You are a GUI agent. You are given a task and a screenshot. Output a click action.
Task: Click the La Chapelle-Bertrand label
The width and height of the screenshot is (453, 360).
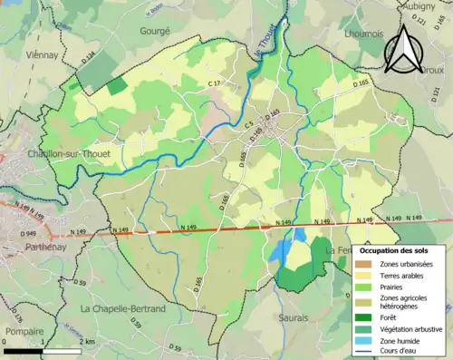tap(123, 308)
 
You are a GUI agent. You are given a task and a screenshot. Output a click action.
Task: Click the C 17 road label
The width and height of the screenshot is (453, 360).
tap(214, 83)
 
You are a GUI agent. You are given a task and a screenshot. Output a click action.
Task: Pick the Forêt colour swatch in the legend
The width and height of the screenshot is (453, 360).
tap(364, 317)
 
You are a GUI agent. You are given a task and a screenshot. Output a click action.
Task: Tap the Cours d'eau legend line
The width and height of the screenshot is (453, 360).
tap(364, 353)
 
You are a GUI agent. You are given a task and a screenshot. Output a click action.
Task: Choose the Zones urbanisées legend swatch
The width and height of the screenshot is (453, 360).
tap(364, 263)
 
